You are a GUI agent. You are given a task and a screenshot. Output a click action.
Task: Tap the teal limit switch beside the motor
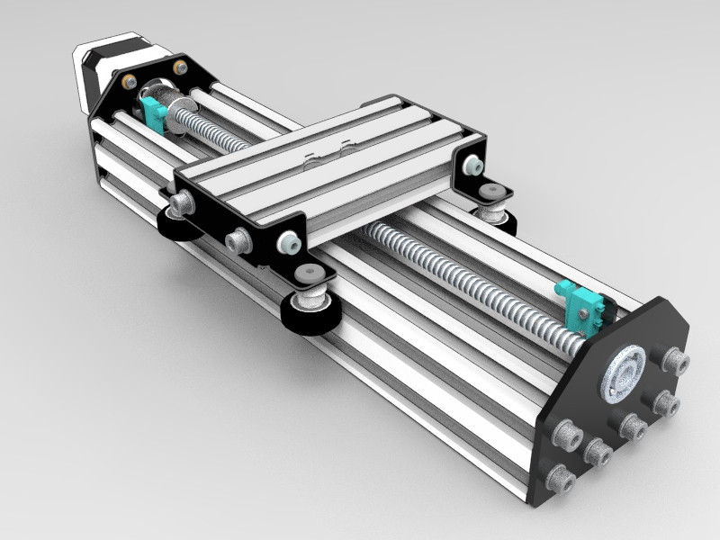[153, 114]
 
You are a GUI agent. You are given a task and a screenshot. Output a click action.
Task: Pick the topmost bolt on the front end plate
[674, 362]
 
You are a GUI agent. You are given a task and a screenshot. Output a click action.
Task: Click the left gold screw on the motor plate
[130, 81]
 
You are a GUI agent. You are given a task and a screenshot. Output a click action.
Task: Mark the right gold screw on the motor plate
[181, 67]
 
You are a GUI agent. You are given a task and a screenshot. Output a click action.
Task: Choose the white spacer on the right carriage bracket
[471, 165]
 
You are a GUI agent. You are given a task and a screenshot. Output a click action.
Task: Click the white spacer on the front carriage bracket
[288, 241]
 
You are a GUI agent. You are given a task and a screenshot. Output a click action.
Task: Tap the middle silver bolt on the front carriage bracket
[238, 240]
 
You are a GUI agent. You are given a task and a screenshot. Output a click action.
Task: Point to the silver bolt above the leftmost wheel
[184, 204]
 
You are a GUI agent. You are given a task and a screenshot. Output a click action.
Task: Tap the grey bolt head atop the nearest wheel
[309, 274]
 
